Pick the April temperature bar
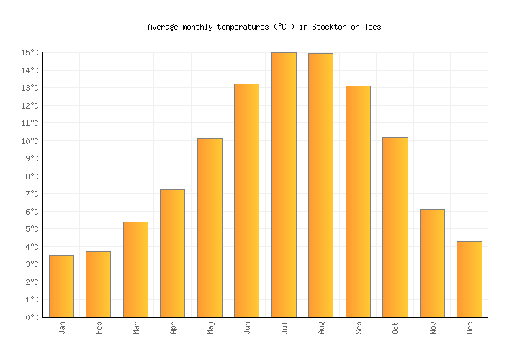click(x=172, y=253)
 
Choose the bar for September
click(x=358, y=201)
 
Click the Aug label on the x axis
click(x=321, y=328)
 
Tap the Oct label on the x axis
click(x=395, y=328)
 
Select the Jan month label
click(x=62, y=328)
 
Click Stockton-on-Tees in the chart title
click(x=346, y=27)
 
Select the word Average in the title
click(x=162, y=27)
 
